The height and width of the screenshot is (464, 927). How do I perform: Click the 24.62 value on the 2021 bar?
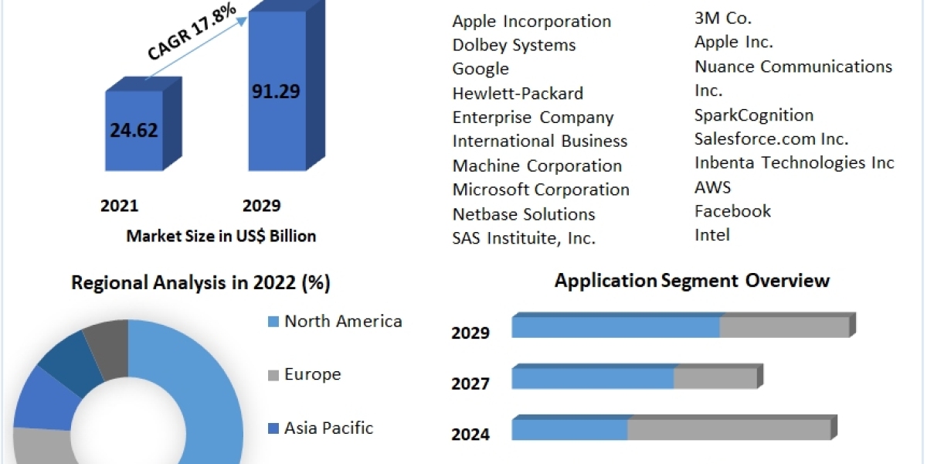click(134, 130)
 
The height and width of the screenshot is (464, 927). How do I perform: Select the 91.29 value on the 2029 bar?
click(276, 90)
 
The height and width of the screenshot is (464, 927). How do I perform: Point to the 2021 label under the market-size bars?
click(119, 206)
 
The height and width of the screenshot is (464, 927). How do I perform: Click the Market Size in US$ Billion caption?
click(221, 236)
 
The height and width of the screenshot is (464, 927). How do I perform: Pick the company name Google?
click(480, 69)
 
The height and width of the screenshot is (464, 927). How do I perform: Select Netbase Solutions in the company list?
click(524, 213)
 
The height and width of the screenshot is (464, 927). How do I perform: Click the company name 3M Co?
click(723, 18)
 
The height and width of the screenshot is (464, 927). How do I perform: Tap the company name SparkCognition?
click(754, 115)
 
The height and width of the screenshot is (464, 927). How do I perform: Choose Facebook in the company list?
click(732, 210)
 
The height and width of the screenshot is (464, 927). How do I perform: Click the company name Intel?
click(711, 234)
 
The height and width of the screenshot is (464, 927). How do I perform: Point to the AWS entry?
click(712, 187)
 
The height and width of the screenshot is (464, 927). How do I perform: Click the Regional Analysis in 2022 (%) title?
click(201, 283)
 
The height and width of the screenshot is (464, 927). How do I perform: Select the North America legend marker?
click(273, 322)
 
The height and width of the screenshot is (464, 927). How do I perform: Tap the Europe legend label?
click(312, 374)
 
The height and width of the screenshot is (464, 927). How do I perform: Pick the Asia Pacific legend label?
click(328, 428)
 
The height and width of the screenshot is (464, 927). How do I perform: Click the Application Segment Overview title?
click(691, 280)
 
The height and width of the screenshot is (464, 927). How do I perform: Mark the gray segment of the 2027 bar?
click(715, 378)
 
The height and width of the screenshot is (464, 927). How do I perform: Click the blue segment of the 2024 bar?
click(569, 430)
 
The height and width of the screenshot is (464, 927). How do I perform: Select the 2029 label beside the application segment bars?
click(470, 333)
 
